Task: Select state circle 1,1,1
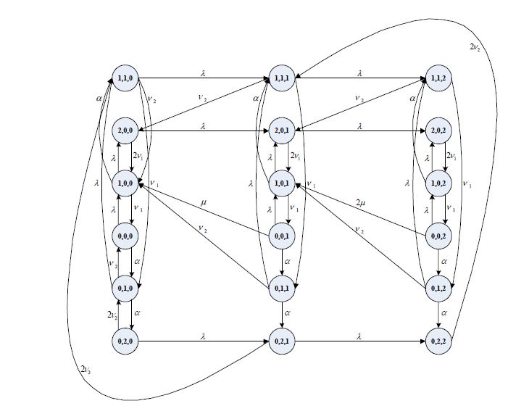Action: (282, 78)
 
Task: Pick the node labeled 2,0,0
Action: (123, 131)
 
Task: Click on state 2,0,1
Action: (282, 131)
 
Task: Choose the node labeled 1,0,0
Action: (123, 183)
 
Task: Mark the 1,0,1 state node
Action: (282, 183)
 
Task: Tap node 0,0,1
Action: (282, 236)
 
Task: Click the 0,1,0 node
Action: (123, 288)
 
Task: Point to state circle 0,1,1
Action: (282, 289)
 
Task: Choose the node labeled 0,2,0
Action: (123, 339)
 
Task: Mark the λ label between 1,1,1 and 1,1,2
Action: (359, 72)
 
